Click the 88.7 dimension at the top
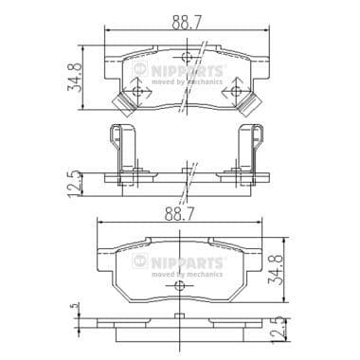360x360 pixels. point(186,20)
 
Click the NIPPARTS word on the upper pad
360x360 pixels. point(194,69)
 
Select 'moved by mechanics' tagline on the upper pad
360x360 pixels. point(194,82)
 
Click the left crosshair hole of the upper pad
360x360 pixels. point(139,92)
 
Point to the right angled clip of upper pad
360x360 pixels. point(252,103)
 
